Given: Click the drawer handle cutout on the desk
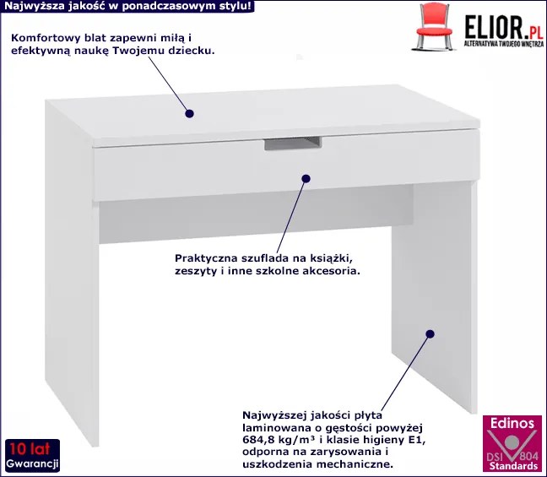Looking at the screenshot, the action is click(293, 144).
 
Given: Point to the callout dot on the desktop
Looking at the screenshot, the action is click(189, 114).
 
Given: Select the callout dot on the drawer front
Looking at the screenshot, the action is click(306, 179).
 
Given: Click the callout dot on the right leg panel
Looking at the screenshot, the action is click(431, 334).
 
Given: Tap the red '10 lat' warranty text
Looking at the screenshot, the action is click(30, 449).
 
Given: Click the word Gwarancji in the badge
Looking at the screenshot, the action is click(32, 463).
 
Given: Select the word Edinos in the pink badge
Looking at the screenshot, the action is click(512, 423).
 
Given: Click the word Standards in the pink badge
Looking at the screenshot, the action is click(513, 466).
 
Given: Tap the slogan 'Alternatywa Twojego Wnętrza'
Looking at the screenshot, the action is click(503, 44).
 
